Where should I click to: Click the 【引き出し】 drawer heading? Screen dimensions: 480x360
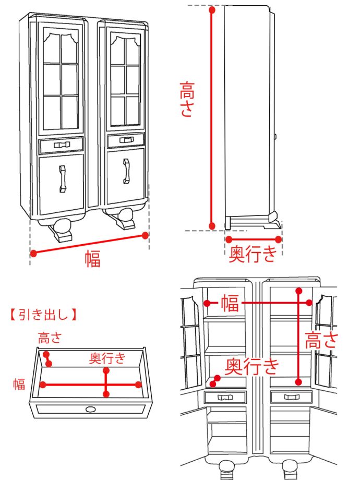click(x=43, y=315)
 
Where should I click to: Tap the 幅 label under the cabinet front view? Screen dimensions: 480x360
click(x=92, y=259)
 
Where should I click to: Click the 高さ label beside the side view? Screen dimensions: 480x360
click(x=187, y=99)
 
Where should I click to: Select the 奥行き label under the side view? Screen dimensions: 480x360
click(x=253, y=254)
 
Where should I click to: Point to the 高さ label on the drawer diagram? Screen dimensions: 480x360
click(x=50, y=338)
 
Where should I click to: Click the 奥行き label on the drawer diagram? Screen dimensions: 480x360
click(x=107, y=358)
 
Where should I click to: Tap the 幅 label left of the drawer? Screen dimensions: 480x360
click(x=19, y=385)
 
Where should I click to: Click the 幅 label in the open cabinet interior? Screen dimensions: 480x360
click(x=230, y=303)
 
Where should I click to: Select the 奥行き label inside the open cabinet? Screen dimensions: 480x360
click(x=252, y=366)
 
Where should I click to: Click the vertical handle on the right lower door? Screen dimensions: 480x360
click(x=126, y=172)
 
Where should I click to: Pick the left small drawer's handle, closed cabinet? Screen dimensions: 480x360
click(x=62, y=145)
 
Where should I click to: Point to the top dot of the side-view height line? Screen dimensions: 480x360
click(x=212, y=9)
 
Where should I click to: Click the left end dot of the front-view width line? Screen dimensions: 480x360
click(x=33, y=254)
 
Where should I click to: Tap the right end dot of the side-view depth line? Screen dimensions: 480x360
click(x=279, y=239)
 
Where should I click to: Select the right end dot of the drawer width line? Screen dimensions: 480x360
click(x=138, y=385)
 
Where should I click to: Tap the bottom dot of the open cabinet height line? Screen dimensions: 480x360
click(x=298, y=380)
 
